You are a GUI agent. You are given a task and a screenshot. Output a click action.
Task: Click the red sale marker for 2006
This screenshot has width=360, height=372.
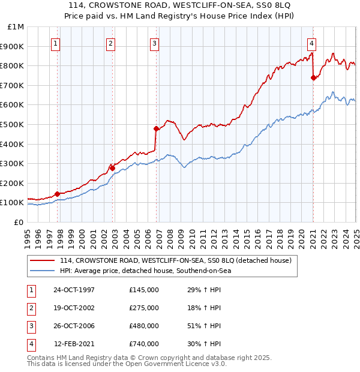coord(156,128)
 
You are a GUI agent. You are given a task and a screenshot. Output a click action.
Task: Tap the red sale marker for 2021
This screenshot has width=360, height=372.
coord(313,77)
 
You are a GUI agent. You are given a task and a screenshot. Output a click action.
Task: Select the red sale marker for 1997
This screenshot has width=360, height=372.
coord(57,194)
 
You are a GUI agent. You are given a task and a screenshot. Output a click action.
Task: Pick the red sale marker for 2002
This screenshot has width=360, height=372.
coord(112,169)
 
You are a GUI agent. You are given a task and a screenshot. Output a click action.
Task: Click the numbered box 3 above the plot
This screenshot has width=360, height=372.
coord(155,43)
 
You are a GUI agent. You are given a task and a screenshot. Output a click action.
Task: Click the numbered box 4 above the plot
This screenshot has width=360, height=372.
coord(313,43)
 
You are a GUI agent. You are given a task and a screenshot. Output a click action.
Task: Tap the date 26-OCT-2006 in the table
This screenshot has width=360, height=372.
coord(74,326)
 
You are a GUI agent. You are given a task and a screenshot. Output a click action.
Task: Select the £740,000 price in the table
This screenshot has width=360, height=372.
coord(144,344)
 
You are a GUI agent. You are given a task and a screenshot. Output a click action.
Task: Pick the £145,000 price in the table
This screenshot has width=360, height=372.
coord(144,290)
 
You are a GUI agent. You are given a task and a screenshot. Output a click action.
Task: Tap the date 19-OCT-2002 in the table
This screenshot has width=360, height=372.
coord(74,308)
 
